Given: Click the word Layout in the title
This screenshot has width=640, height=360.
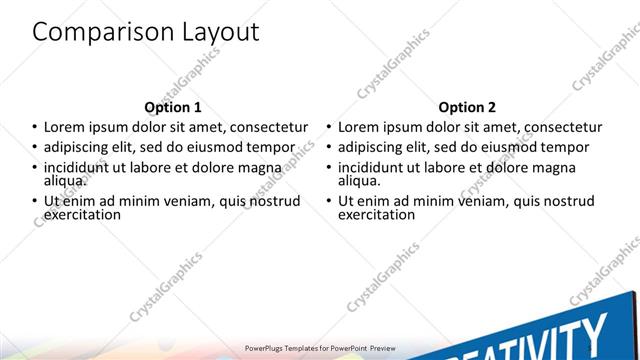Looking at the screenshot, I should click(x=214, y=32).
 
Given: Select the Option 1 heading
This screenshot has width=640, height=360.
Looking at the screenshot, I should click(x=173, y=107).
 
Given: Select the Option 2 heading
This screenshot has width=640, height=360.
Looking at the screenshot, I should click(x=467, y=107).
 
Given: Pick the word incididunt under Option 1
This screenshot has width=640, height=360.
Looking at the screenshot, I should click(x=78, y=167).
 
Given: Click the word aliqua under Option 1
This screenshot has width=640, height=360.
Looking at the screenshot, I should click(x=64, y=180).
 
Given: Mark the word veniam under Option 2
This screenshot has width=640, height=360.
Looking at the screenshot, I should click(x=494, y=201).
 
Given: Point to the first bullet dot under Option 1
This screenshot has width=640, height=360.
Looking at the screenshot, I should click(x=35, y=128).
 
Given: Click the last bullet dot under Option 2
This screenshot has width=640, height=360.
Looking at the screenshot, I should click(x=329, y=201).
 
